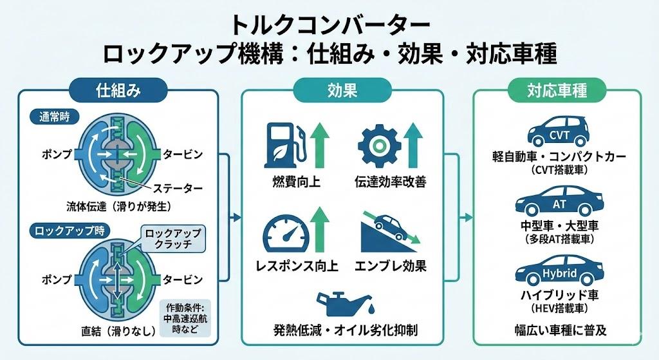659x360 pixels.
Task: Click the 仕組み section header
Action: coord(118,90)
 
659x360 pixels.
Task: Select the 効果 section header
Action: coord(342,90)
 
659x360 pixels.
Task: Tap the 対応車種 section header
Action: coord(557,90)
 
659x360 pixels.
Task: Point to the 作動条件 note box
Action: coord(181,318)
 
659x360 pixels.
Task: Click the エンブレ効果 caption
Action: coord(390,265)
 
